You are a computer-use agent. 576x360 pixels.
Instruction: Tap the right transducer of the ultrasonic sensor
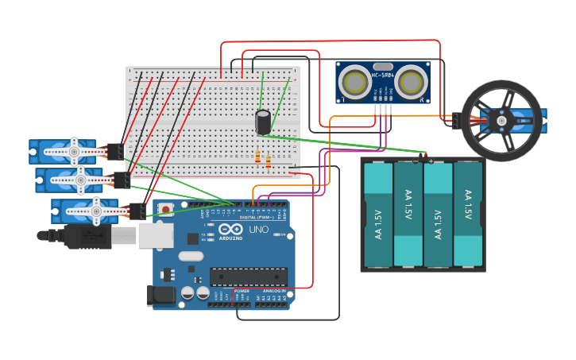411,83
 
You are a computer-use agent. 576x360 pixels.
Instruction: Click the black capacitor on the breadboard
263,122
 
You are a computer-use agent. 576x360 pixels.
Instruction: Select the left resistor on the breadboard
258,157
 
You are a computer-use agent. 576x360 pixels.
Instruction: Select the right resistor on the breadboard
269,162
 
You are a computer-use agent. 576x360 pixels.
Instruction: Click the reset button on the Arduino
166,210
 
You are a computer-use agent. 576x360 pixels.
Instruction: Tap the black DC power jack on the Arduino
161,296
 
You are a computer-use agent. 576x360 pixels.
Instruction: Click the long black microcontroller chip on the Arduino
248,276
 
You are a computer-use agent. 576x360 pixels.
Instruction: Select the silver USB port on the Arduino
156,235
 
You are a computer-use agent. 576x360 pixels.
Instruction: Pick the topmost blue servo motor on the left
68,151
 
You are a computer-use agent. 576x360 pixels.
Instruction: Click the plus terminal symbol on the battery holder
431,161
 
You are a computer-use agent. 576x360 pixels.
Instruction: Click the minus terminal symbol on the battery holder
415,161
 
